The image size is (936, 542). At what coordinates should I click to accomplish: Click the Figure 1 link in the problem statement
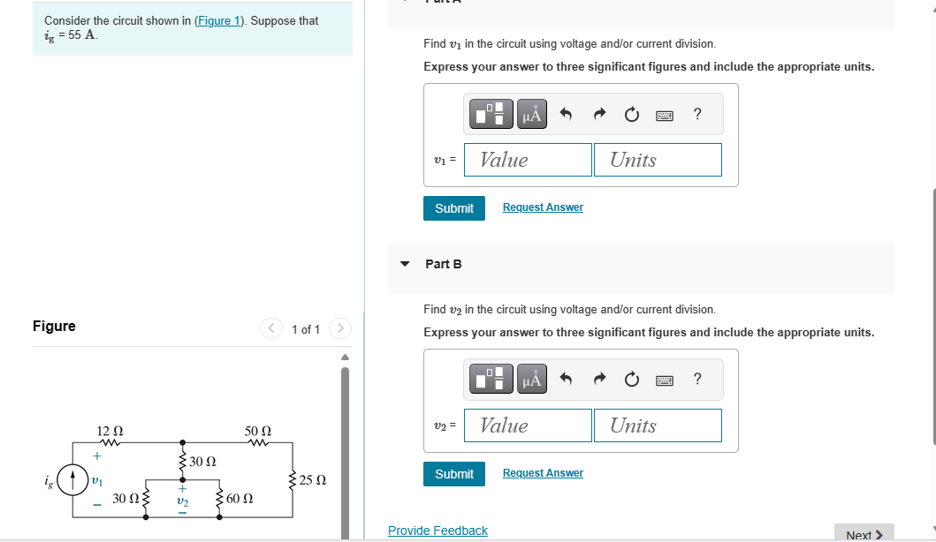click(x=218, y=21)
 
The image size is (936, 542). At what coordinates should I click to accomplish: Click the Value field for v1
click(x=528, y=160)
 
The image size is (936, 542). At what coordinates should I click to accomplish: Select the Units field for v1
click(x=657, y=160)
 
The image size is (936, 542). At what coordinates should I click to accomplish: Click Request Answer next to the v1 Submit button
click(x=543, y=207)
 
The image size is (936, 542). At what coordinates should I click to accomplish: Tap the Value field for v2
click(x=528, y=425)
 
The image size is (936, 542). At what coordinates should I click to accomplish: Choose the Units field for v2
click(x=657, y=425)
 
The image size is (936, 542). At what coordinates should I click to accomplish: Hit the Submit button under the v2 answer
click(x=454, y=474)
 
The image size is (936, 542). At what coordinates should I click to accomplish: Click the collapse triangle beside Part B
click(x=405, y=264)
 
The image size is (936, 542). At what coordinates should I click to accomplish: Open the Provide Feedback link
click(x=438, y=531)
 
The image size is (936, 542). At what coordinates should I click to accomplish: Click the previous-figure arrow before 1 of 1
click(x=270, y=329)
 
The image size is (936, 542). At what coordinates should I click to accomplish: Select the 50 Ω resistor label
click(x=257, y=430)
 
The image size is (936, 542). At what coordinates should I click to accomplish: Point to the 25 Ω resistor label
click(x=313, y=481)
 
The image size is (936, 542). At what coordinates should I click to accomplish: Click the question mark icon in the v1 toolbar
click(x=697, y=114)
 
